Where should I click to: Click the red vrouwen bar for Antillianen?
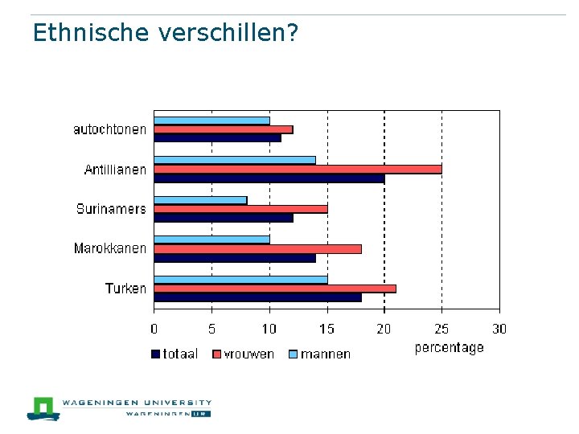coord(298,170)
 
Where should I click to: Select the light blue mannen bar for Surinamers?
coord(200,200)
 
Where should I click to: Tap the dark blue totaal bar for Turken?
coord(258,297)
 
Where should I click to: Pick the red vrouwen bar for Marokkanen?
coord(258,249)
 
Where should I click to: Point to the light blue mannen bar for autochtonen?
coord(212,121)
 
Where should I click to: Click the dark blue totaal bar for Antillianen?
coord(269,178)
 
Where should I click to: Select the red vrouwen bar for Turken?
coord(275,289)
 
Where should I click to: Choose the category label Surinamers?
coord(111,209)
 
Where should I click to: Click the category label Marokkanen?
coord(110,248)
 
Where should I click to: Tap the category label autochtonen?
coord(109,129)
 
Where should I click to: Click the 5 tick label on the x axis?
coord(211,329)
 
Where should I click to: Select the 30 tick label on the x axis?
coord(499,329)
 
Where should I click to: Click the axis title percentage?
coord(449,348)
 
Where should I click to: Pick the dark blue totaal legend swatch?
coord(155,354)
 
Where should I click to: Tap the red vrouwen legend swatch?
coord(217,354)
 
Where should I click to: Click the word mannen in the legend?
coord(326,354)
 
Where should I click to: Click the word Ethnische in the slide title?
coord(91,32)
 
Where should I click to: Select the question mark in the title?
coord(292,32)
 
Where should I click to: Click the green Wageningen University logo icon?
coord(43,409)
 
